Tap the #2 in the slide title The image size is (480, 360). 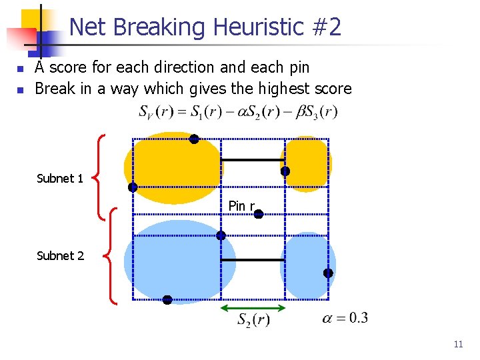[x=326, y=27]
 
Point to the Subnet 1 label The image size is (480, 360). [x=60, y=179]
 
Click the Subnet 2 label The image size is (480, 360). [x=60, y=256]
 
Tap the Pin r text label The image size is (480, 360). [x=241, y=206]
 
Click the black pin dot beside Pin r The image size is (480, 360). [x=259, y=214]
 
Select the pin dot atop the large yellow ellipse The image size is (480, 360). [x=193, y=139]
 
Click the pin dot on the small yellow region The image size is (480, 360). [x=285, y=171]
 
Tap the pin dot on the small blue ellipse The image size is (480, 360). [x=328, y=273]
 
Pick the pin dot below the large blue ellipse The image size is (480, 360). [x=167, y=300]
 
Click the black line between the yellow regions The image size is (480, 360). [x=253, y=160]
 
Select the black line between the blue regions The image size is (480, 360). [x=253, y=260]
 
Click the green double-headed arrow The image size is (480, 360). [x=253, y=308]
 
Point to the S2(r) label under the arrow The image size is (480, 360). [x=253, y=321]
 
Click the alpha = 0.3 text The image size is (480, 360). [x=345, y=318]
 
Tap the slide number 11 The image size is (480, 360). [x=458, y=345]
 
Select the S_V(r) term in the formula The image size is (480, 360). [x=156, y=112]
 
